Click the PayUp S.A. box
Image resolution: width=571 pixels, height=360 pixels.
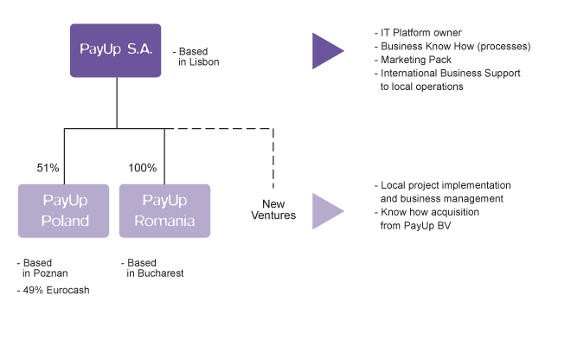116,50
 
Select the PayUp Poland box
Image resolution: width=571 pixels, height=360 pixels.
64,210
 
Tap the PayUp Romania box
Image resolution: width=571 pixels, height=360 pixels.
164,210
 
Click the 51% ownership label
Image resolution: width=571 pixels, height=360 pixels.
49,168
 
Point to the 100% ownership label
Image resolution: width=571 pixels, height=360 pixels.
143,168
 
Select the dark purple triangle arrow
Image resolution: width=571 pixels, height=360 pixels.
328,51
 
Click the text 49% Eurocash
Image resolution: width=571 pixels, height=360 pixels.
56,291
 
